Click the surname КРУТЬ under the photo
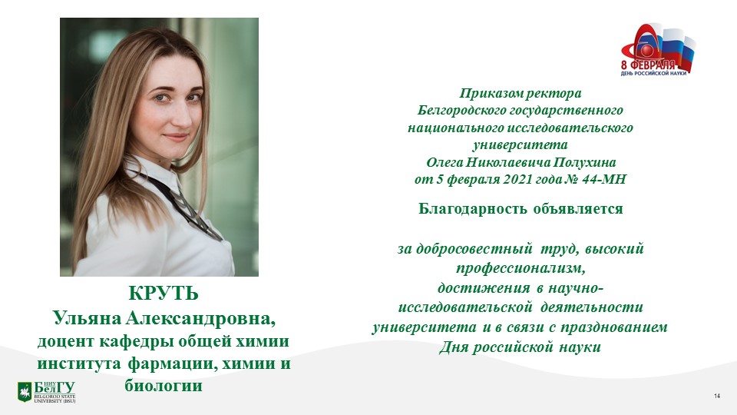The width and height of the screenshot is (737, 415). (x=164, y=293)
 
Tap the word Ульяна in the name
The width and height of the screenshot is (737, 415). (x=87, y=318)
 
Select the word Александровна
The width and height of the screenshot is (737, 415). (x=200, y=318)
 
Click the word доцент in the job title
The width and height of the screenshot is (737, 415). (x=66, y=340)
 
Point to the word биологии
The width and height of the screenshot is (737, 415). (x=164, y=386)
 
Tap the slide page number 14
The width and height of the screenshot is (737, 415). (x=717, y=396)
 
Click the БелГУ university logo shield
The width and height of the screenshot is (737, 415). (x=25, y=392)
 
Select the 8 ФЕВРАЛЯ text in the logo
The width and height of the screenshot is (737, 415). (x=648, y=65)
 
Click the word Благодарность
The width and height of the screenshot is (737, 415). (x=472, y=208)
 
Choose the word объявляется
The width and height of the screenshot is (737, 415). (x=578, y=208)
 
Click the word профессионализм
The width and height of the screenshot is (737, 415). (x=519, y=269)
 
